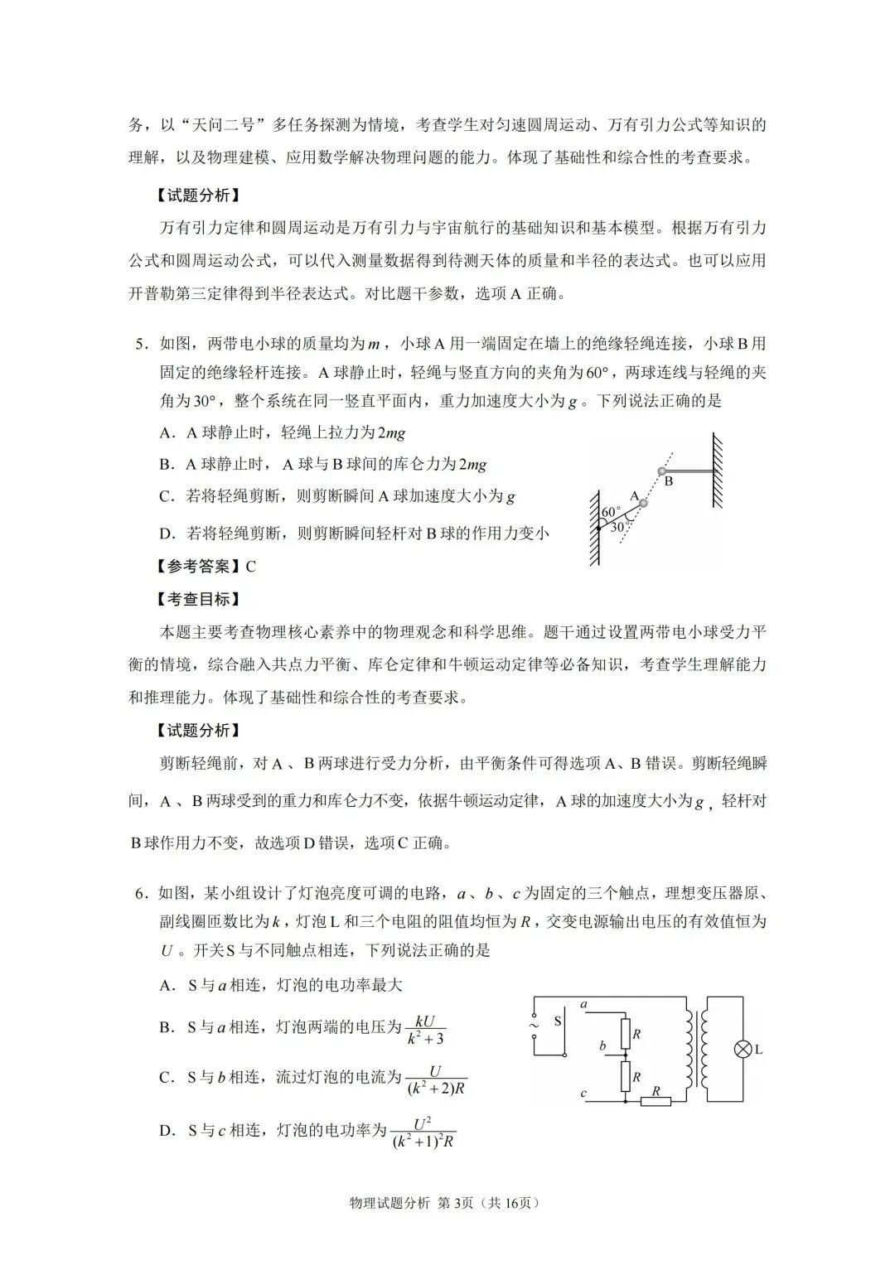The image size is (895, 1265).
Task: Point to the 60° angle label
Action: point(611,512)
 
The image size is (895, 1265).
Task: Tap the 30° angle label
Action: point(618,527)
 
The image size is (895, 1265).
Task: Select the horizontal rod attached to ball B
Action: point(688,472)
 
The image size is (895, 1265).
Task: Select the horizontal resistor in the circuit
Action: point(657,1102)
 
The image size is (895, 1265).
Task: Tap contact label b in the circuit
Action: point(603,1046)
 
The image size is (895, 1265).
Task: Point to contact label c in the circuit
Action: point(583,1094)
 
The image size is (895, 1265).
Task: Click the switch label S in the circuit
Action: point(558,1021)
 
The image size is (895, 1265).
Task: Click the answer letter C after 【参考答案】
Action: point(250,567)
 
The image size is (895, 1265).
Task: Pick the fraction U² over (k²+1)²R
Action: point(423,1132)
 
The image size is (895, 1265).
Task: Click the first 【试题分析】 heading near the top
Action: point(200,196)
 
